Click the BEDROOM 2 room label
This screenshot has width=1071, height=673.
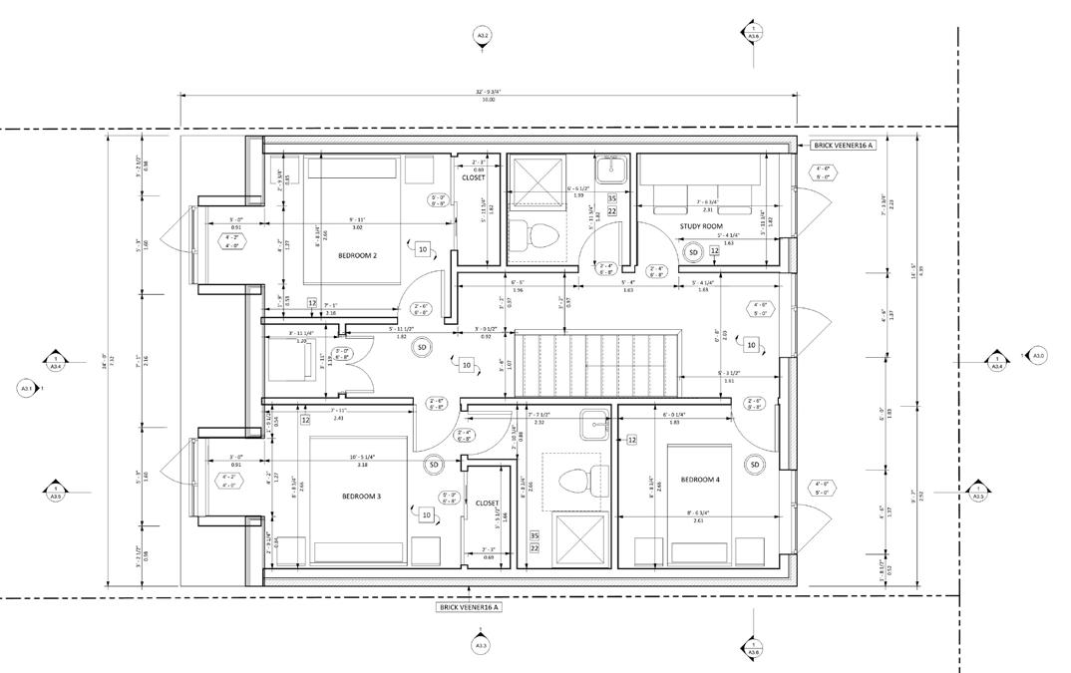coord(356,255)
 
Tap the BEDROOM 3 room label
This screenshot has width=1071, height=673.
coord(362,496)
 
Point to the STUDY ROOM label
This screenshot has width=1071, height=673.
coord(701,226)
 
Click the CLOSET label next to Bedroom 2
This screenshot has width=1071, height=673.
coord(473,178)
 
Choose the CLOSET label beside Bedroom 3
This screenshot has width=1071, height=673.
coord(488,504)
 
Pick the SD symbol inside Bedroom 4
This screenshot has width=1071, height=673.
coord(755,465)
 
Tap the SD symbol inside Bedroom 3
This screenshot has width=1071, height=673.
coord(434,465)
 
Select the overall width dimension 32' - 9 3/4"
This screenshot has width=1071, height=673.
coord(488,91)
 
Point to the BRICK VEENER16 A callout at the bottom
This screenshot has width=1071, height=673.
coord(469,606)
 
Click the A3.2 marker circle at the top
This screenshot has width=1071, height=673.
coord(482,37)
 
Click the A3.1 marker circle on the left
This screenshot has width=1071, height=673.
coord(27,388)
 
